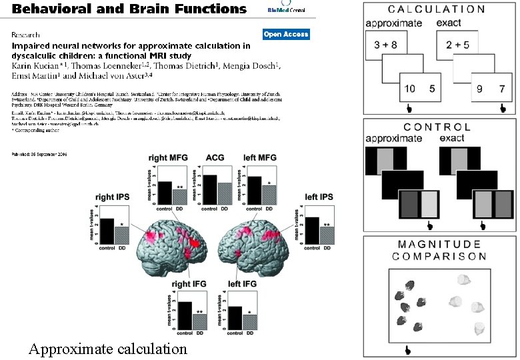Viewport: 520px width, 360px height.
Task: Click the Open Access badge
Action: pyautogui.click(x=286, y=34)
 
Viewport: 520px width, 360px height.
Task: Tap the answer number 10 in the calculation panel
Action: pyautogui.click(x=411, y=88)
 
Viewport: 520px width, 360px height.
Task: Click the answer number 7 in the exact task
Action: pyautogui.click(x=502, y=88)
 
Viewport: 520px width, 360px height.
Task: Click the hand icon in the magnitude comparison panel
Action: pyautogui.click(x=407, y=349)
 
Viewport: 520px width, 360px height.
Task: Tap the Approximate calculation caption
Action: pyautogui.click(x=107, y=348)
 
